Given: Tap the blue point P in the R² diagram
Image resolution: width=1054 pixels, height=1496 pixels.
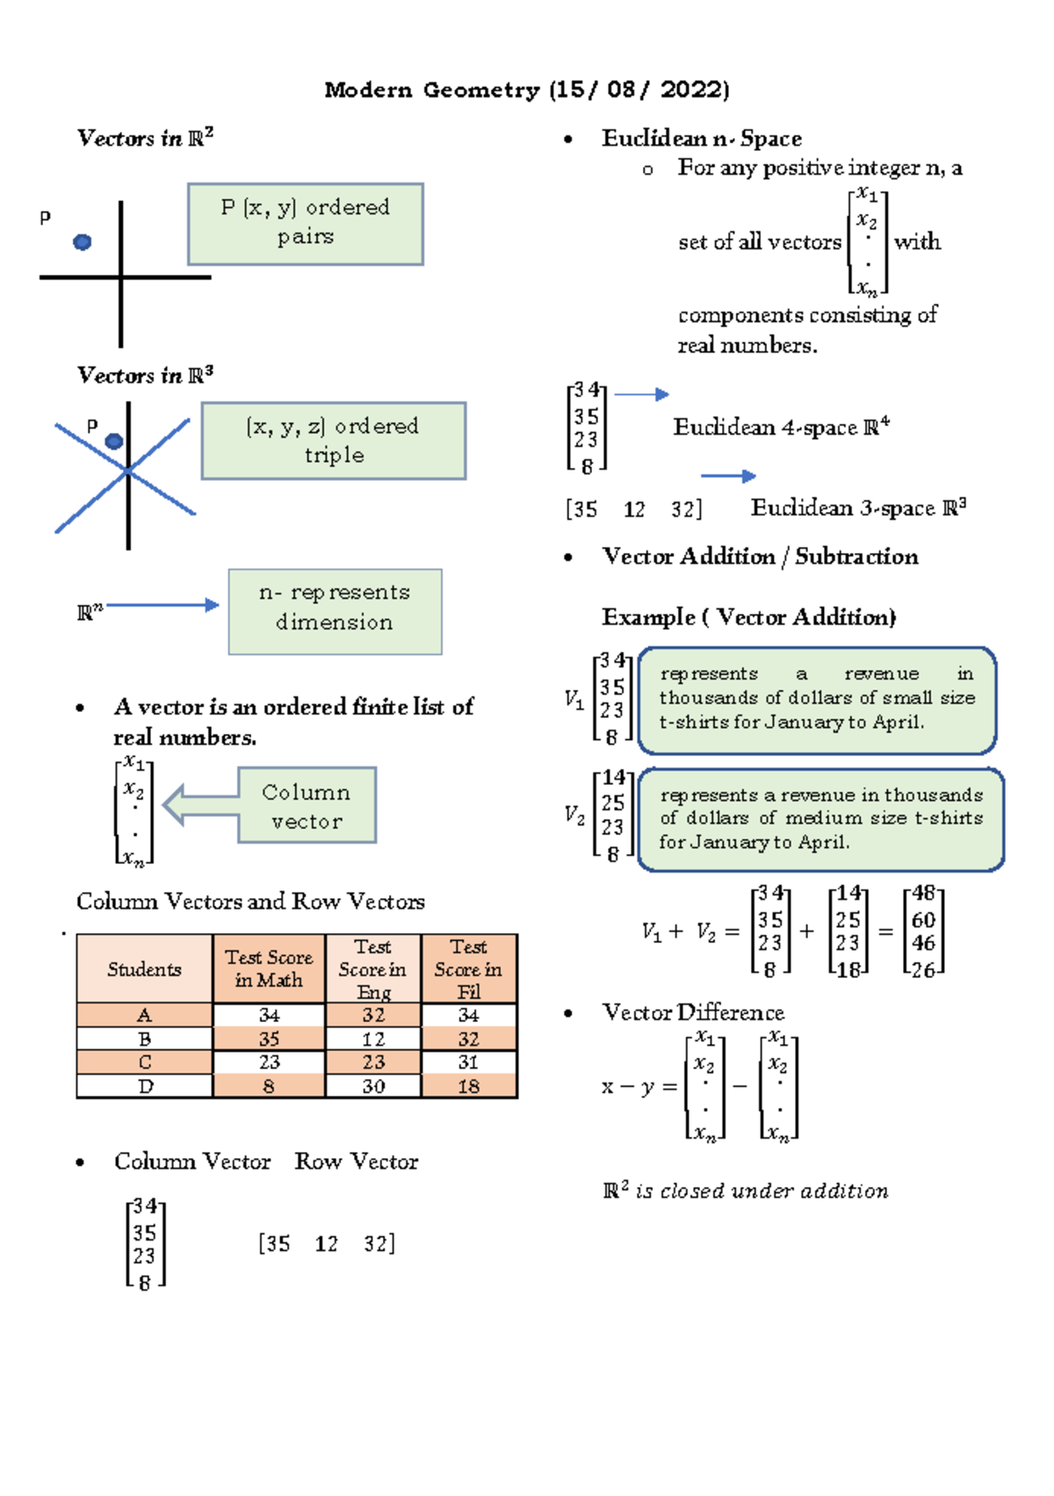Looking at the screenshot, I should [x=83, y=241].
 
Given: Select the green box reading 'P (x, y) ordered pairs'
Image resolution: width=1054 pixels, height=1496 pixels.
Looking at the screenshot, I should [x=305, y=224].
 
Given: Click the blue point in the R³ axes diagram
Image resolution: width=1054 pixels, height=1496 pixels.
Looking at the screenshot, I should [x=114, y=441].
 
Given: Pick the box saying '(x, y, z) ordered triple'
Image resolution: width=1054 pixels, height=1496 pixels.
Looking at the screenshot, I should [x=333, y=441].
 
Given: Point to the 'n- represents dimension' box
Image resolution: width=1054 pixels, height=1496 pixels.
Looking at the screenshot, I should [x=335, y=611].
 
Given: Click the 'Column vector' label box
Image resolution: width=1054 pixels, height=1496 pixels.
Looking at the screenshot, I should [x=307, y=805].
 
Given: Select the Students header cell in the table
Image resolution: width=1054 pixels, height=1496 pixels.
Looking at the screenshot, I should [x=144, y=969].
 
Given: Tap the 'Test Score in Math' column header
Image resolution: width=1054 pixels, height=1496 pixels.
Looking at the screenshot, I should [x=269, y=969].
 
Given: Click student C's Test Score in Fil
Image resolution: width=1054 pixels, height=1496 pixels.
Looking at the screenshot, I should [x=468, y=1062].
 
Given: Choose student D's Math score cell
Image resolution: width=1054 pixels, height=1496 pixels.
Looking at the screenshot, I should [x=269, y=1086].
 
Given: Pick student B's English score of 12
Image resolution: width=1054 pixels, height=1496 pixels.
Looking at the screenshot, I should [x=373, y=1039].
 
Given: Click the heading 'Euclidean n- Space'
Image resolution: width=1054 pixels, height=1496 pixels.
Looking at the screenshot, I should [x=701, y=139].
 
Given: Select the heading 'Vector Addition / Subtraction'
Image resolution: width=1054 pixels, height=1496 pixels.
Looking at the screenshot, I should [x=760, y=557].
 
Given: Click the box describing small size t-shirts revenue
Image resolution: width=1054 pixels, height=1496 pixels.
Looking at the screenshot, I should [x=817, y=700].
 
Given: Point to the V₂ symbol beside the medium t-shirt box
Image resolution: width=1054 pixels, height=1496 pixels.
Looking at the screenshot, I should [x=574, y=816].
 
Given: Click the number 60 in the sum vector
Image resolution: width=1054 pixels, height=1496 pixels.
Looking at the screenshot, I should [x=923, y=919].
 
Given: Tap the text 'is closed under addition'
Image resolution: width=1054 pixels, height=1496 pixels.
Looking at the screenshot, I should [x=761, y=1191].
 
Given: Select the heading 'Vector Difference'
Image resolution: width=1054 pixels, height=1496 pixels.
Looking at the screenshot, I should [x=693, y=1012].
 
